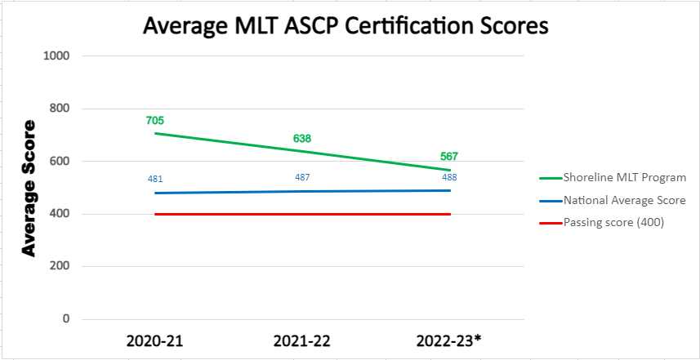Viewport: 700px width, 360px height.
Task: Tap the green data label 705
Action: tap(155, 121)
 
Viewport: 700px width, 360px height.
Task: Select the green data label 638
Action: tap(302, 139)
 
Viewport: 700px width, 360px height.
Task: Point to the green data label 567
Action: tap(449, 157)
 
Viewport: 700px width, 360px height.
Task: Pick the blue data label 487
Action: tap(302, 178)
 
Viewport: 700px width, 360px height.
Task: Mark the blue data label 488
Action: tap(449, 177)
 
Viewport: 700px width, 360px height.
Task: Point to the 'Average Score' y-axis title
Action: tap(29, 189)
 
